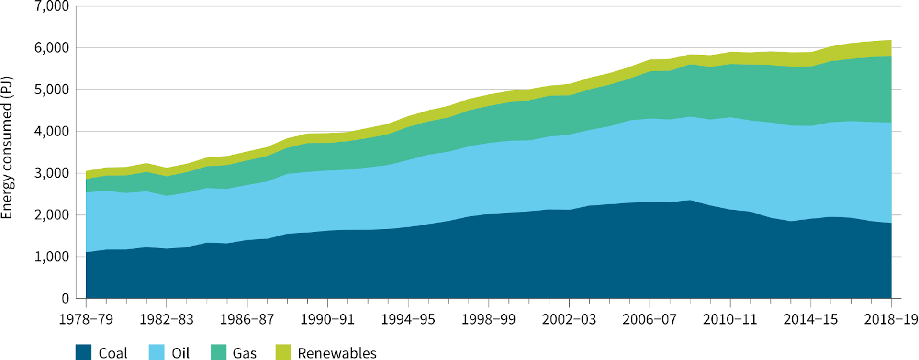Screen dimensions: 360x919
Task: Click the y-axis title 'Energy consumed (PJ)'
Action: coord(7,148)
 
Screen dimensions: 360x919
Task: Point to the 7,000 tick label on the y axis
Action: coord(52,7)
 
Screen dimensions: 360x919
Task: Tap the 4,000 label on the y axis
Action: coord(52,131)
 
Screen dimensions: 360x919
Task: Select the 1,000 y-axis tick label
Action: coord(52,257)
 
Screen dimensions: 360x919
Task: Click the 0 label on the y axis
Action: coord(65,298)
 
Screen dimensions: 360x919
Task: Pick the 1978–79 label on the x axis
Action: coord(86,319)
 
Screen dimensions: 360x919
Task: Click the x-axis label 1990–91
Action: coord(327,319)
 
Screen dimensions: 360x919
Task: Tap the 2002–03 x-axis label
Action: coord(569,319)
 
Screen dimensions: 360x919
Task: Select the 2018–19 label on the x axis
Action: coord(890,319)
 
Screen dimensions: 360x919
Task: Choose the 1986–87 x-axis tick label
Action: coord(247,319)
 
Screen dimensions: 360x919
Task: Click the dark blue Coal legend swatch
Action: coord(83,352)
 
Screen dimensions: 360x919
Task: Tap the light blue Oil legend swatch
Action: coord(157,352)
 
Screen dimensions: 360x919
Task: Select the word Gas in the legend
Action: coord(245,353)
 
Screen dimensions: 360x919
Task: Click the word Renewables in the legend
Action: coord(337,353)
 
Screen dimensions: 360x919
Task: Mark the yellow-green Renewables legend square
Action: coord(283,352)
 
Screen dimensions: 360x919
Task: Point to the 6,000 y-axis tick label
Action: coord(52,48)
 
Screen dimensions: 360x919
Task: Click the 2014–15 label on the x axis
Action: coord(810,319)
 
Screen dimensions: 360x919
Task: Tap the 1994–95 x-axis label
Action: coord(408,319)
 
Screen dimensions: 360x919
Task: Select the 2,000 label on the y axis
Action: coord(52,215)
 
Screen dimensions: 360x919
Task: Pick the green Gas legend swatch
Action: coord(218,352)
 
